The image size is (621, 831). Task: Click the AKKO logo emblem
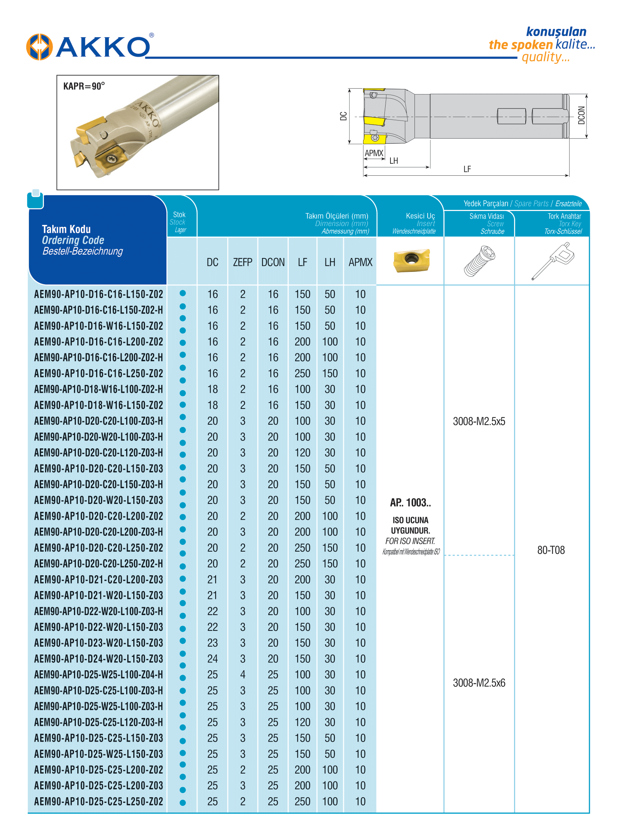point(39,47)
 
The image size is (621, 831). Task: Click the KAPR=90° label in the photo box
point(83,86)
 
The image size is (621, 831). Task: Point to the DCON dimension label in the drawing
point(581,115)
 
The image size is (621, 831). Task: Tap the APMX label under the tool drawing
point(374,153)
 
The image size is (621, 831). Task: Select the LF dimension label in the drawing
point(467,169)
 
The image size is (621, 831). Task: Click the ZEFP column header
point(242,262)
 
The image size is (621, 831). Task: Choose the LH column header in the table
point(330,262)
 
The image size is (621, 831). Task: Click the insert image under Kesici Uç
point(411,260)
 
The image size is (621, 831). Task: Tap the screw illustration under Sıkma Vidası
point(479,261)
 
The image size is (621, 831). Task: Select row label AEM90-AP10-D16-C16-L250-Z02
point(98,373)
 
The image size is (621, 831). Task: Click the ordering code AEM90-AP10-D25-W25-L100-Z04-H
point(98,675)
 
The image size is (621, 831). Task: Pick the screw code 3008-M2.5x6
point(479,683)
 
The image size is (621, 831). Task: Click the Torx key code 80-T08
point(551,550)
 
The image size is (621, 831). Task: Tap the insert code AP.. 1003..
point(410,503)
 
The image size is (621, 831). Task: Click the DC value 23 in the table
point(212,643)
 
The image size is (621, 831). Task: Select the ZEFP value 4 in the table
point(243,675)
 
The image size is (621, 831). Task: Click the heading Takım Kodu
point(66,229)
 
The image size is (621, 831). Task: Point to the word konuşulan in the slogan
point(556,32)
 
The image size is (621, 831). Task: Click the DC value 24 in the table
point(212,659)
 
